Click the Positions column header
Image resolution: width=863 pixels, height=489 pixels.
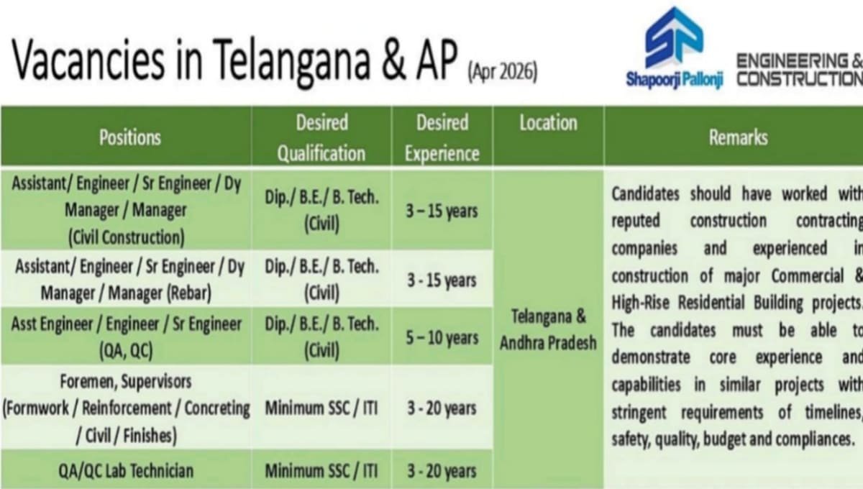pos(129,137)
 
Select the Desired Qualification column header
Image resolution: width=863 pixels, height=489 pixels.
pos(321,137)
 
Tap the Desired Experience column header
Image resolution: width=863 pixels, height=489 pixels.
pos(442,137)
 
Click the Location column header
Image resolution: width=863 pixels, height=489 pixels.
pos(548,124)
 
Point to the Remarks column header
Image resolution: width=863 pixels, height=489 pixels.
pos(738,137)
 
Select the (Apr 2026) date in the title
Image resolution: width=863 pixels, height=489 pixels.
pos(502,73)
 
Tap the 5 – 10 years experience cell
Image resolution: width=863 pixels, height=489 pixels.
pos(442,337)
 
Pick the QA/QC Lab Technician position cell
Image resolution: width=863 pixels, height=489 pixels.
pos(126,471)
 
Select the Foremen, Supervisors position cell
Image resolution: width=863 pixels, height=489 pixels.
pos(126,408)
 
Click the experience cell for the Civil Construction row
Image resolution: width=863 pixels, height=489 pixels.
pos(442,211)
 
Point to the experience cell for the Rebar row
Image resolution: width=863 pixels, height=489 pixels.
pos(442,280)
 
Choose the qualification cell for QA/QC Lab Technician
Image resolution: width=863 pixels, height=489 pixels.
pos(321,471)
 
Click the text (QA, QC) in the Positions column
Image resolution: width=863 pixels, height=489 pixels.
pos(126,350)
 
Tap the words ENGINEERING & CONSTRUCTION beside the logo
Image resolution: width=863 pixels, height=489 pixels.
pos(798,70)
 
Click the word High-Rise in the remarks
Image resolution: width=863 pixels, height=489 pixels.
pos(642,303)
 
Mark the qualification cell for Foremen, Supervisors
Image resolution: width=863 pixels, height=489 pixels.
pos(321,408)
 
